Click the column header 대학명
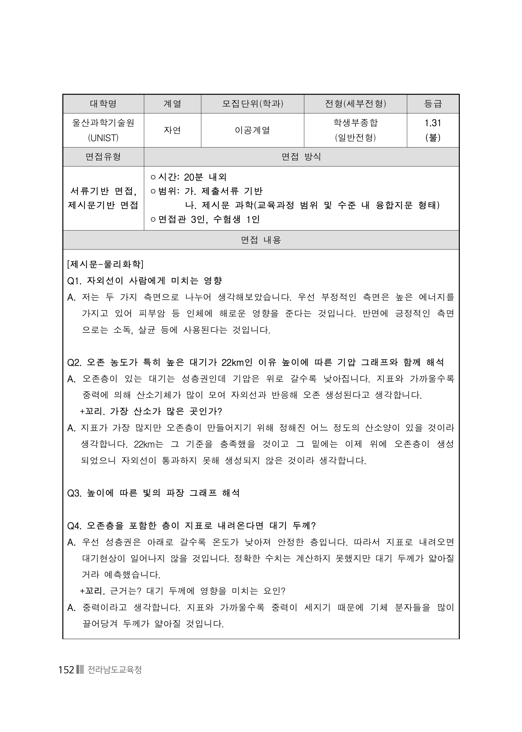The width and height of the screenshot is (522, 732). point(103,104)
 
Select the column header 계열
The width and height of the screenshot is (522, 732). point(172,104)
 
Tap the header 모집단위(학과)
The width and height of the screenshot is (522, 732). point(253,104)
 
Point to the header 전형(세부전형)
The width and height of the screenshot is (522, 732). point(355,104)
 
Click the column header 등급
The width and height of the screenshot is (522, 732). point(433,104)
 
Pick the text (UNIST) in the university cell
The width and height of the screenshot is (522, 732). point(103,138)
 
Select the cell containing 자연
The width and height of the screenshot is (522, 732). point(172,130)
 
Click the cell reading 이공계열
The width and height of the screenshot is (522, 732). point(253,130)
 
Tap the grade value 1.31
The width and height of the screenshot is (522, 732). point(433,123)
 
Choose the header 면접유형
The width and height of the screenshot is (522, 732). point(103,157)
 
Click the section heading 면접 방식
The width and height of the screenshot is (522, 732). point(301,157)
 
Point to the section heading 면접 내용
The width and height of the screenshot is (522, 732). point(261,240)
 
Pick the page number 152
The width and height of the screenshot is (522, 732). point(67,670)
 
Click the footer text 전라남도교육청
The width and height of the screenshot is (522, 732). point(114,670)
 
